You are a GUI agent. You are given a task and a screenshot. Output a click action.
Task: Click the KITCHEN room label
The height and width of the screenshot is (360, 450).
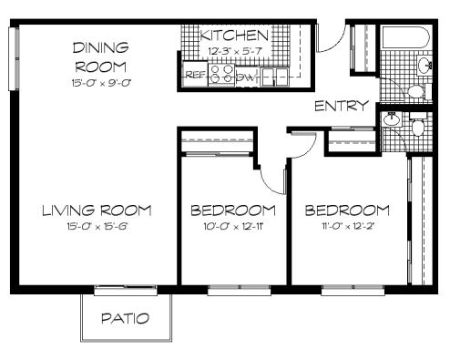coord(234,36)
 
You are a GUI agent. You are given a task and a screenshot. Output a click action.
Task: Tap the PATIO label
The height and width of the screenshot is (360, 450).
coord(125,318)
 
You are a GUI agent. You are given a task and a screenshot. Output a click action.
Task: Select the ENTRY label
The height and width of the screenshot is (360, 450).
coord(342,106)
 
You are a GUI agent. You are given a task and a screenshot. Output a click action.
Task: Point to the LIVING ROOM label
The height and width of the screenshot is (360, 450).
coord(97,211)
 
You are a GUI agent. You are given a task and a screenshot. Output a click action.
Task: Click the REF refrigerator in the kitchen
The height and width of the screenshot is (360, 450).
coord(195,74)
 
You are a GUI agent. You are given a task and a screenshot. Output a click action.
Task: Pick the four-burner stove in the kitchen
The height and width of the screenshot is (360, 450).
coord(221,75)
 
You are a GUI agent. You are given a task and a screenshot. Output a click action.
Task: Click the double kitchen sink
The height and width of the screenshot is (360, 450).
coord(275,77)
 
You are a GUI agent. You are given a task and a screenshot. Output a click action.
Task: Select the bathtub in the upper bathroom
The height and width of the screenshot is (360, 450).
coord(406,37)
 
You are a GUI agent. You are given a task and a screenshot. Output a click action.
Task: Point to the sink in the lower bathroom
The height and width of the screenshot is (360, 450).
coord(392,118)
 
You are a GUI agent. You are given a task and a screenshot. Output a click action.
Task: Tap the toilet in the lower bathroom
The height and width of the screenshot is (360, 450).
coord(418,124)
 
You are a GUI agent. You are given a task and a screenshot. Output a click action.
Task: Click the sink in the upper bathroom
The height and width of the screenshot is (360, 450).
coord(424,65)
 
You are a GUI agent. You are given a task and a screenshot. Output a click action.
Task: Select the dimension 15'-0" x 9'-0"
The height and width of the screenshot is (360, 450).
coord(101,83)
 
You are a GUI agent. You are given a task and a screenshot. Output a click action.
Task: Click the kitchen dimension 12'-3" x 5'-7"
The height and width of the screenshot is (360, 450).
coord(235,51)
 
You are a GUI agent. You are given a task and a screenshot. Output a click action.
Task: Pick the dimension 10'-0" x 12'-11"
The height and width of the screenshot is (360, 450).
coord(233,226)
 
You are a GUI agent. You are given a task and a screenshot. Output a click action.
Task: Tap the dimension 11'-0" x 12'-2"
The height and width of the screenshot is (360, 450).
coord(347,226)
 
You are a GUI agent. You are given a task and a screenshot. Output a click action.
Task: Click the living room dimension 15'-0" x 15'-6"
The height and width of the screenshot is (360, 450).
coord(97,226)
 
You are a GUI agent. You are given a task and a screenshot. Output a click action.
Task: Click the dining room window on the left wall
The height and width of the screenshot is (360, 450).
coord(14,58)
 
